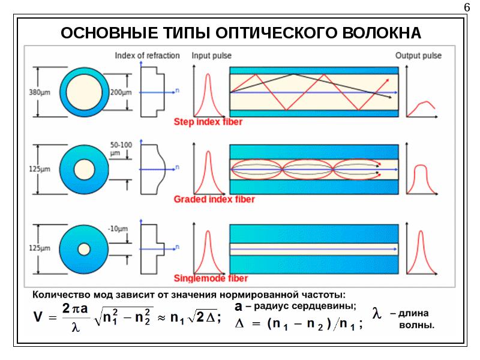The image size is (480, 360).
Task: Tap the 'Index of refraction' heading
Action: (x=147, y=56)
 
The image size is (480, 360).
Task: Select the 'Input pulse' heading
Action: (x=211, y=56)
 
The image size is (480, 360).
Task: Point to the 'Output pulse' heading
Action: (x=418, y=56)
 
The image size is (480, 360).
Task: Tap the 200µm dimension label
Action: (x=120, y=92)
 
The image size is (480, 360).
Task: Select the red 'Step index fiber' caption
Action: (x=208, y=122)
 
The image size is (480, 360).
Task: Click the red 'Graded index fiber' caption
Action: (x=214, y=199)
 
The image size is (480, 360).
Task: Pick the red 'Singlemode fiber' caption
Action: (x=211, y=278)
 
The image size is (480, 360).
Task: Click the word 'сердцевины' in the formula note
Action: (x=332, y=306)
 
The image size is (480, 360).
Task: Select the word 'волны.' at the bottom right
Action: (x=416, y=325)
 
